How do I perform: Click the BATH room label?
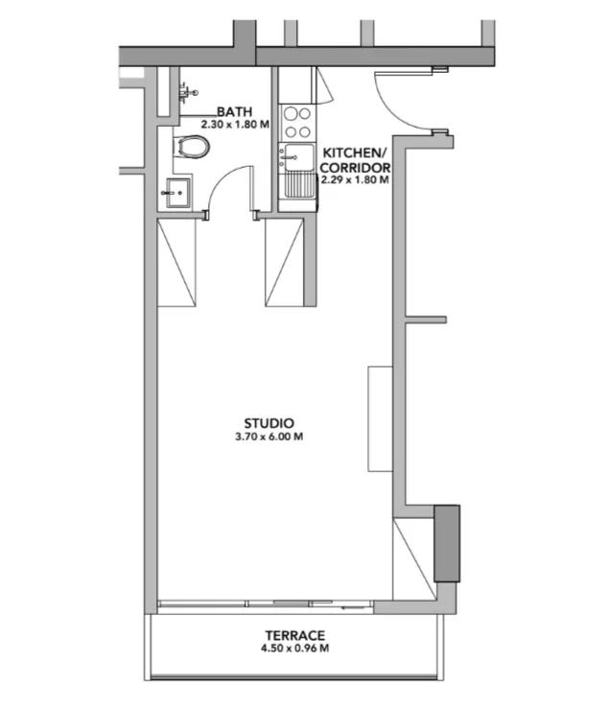pos(234,111)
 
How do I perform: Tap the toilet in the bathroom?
pos(192,147)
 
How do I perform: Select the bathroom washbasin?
pos(178,193)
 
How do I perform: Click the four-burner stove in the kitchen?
pos(297,122)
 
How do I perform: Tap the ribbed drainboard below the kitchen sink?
pos(299,185)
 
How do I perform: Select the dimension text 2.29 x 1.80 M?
pos(355,179)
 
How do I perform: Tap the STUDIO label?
pos(269,424)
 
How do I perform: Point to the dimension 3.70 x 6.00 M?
pos(269,437)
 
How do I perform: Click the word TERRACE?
pos(295,636)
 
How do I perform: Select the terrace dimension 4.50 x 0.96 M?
pos(295,649)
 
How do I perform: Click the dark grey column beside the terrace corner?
pos(447,543)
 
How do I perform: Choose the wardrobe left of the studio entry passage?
pos(176,262)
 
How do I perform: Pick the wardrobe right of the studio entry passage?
pos(284,262)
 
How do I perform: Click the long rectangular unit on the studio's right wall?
pos(380,419)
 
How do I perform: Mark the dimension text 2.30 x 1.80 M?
pos(235,124)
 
